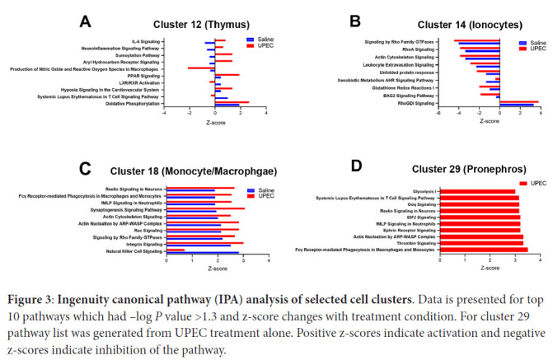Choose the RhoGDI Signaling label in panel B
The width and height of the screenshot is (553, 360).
coord(415,104)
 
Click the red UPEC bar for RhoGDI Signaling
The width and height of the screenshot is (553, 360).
coord(518,102)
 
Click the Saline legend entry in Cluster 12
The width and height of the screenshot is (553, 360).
coord(263,39)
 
